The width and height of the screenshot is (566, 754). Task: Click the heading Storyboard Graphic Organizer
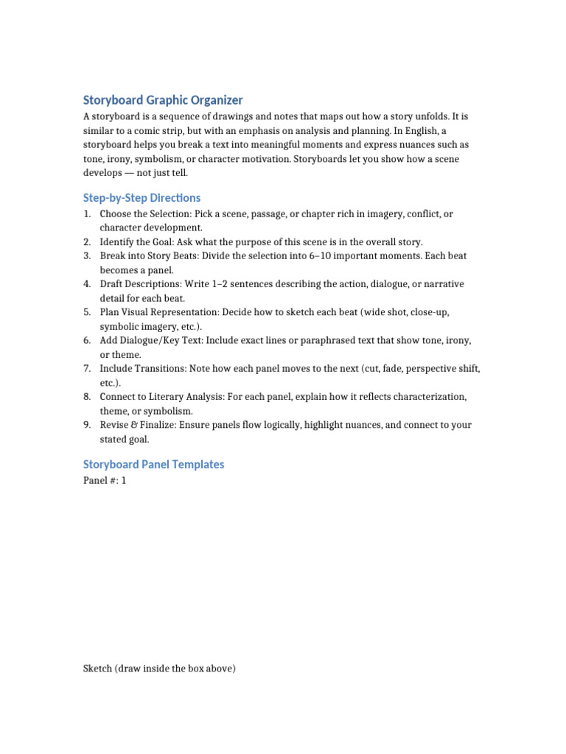(163, 99)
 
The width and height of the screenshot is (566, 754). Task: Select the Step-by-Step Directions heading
(141, 198)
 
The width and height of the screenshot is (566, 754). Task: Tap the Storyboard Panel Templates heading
(153, 465)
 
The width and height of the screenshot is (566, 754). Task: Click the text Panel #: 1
(105, 481)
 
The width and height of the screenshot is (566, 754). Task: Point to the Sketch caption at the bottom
(159, 669)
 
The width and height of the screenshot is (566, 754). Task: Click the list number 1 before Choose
(86, 214)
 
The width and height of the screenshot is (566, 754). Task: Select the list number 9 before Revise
(86, 425)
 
